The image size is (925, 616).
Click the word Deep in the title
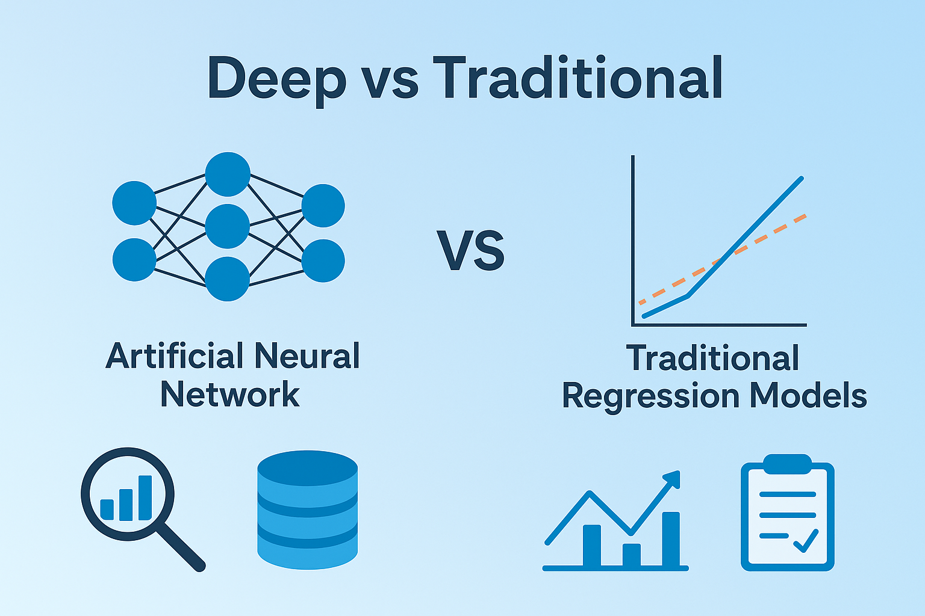[276, 79]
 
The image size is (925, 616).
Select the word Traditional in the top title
[578, 78]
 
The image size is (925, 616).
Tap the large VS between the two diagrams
[471, 251]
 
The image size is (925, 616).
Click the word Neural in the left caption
[307, 356]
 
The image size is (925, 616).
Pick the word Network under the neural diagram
[230, 395]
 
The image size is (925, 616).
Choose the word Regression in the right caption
[650, 397]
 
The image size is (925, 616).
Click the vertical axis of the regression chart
[633, 241]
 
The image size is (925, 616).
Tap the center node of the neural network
[227, 226]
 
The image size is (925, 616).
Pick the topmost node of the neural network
[227, 174]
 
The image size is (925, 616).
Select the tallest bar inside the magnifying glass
[145, 497]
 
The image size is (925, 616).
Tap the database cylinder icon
[307, 510]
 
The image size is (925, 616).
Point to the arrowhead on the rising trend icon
[672, 479]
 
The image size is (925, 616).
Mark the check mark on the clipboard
[806, 540]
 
